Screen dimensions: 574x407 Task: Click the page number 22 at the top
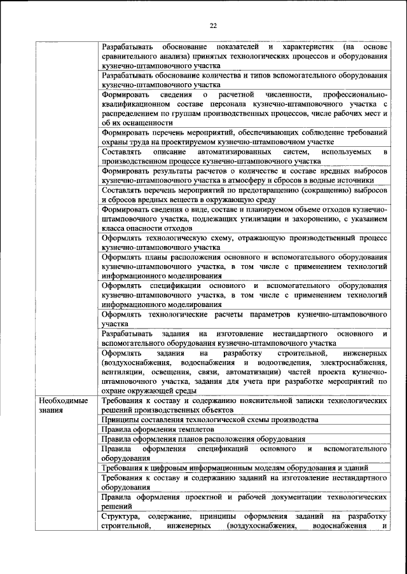click(x=213, y=25)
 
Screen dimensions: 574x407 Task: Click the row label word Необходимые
click(x=64, y=402)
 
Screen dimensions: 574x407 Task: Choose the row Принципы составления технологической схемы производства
click(x=209, y=420)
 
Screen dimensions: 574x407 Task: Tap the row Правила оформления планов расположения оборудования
click(x=203, y=439)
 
